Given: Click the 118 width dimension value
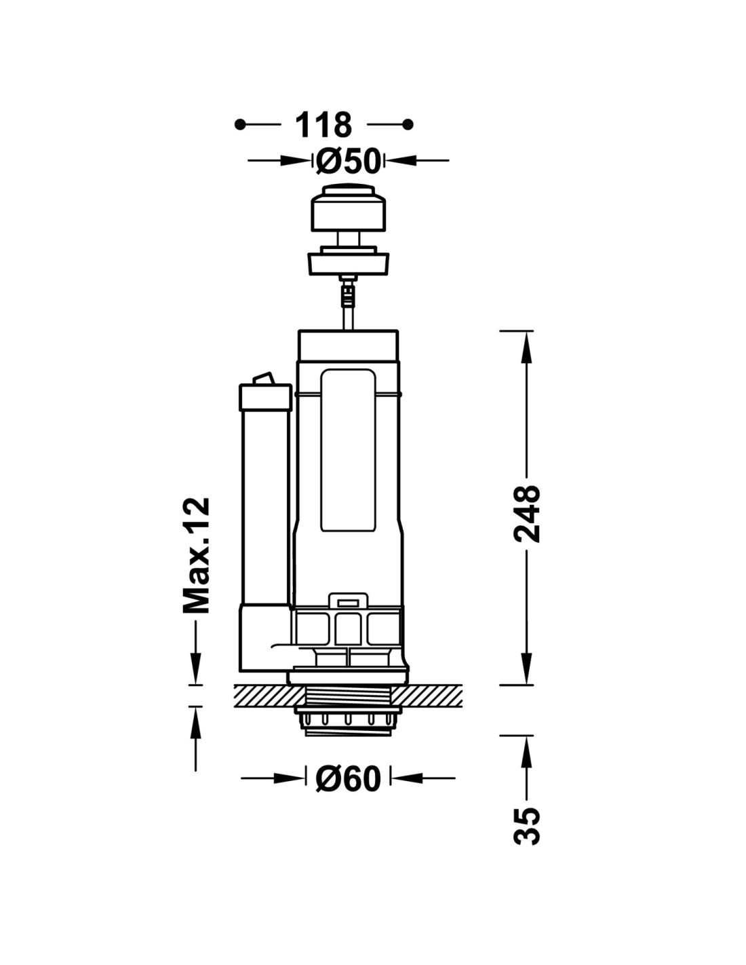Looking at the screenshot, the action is coord(323,125).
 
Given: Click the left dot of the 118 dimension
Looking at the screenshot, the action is coord(240,125).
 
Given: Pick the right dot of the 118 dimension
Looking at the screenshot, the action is coord(408,124).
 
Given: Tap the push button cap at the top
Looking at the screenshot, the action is coord(347,207).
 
